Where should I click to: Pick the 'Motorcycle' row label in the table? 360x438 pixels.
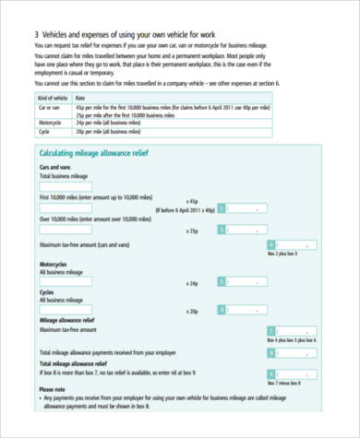[51, 121]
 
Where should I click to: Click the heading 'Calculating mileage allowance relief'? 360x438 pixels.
[95, 152]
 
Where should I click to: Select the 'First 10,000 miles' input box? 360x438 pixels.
[66, 210]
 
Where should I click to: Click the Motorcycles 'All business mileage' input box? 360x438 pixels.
[66, 283]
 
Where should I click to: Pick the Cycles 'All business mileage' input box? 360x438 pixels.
[66, 310]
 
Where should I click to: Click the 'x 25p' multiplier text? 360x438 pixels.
[192, 230]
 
